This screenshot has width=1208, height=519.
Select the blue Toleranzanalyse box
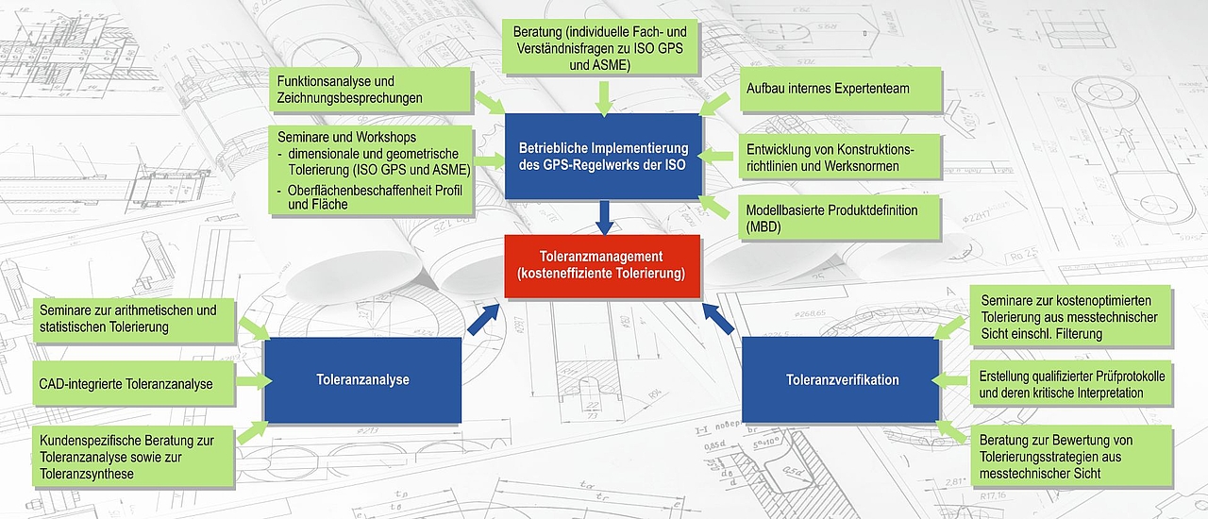click(362, 379)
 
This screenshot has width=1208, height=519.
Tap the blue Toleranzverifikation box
click(841, 379)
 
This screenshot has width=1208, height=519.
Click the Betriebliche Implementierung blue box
click(603, 157)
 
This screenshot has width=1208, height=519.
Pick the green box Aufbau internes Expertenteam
click(840, 89)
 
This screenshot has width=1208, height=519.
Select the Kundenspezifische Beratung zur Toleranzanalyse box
click(134, 457)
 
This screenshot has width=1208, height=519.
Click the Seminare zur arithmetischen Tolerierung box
click(134, 318)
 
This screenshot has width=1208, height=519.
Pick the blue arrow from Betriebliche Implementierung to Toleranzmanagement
click(605, 216)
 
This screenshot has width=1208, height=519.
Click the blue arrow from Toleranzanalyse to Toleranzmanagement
click(483, 319)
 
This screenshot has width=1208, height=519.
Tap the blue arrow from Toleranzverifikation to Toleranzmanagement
click(720, 319)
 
